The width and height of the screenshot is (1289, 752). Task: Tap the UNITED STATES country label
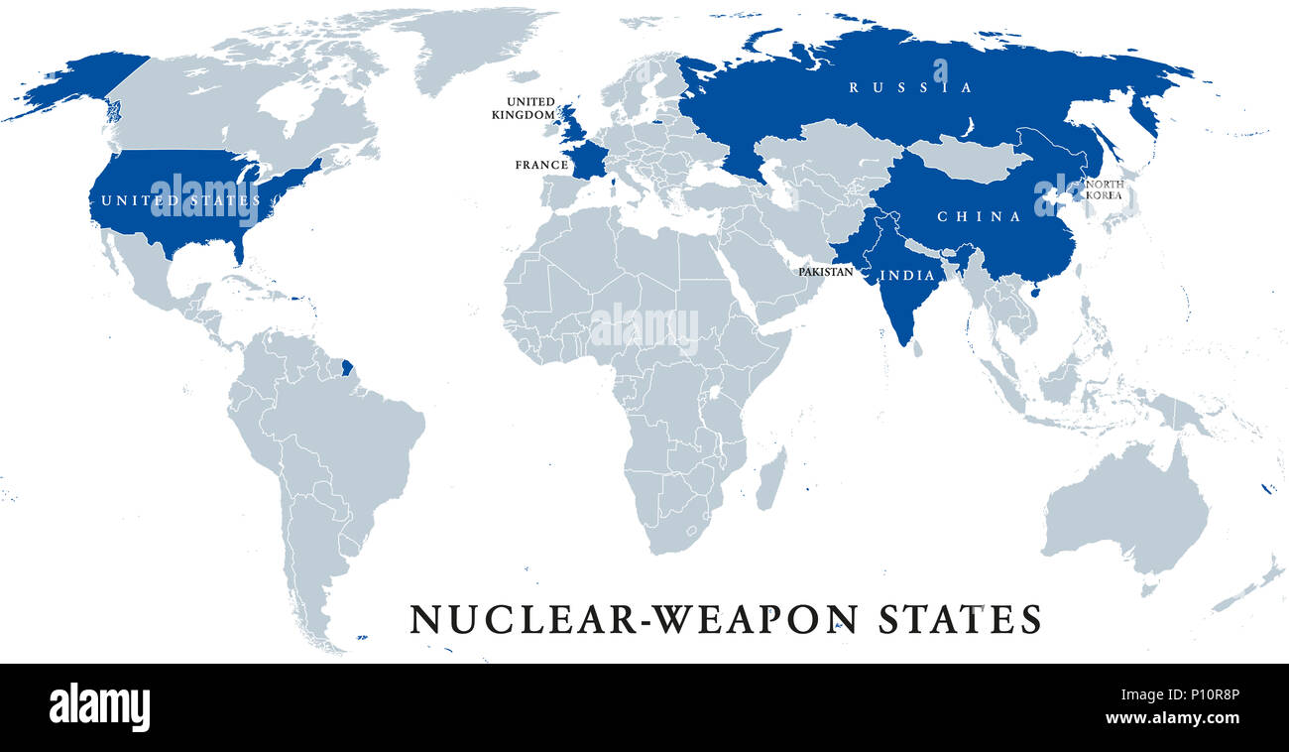pyautogui.click(x=178, y=201)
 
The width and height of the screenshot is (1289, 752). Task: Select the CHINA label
pyautogui.click(x=979, y=216)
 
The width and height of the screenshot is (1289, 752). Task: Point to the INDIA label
pyautogui.click(x=907, y=275)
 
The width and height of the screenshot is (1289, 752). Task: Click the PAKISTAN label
pyautogui.click(x=825, y=271)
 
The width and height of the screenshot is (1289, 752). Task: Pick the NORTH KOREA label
pyautogui.click(x=1103, y=189)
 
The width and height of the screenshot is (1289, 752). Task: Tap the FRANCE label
pyautogui.click(x=541, y=165)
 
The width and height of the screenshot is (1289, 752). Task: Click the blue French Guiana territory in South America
pyautogui.click(x=346, y=369)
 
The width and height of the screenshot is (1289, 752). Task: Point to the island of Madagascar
pyautogui.click(x=769, y=478)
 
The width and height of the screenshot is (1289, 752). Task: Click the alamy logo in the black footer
pyautogui.click(x=99, y=707)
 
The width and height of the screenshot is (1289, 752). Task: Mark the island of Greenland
pyautogui.click(x=466, y=45)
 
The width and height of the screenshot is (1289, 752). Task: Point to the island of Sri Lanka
pyautogui.click(x=917, y=348)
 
